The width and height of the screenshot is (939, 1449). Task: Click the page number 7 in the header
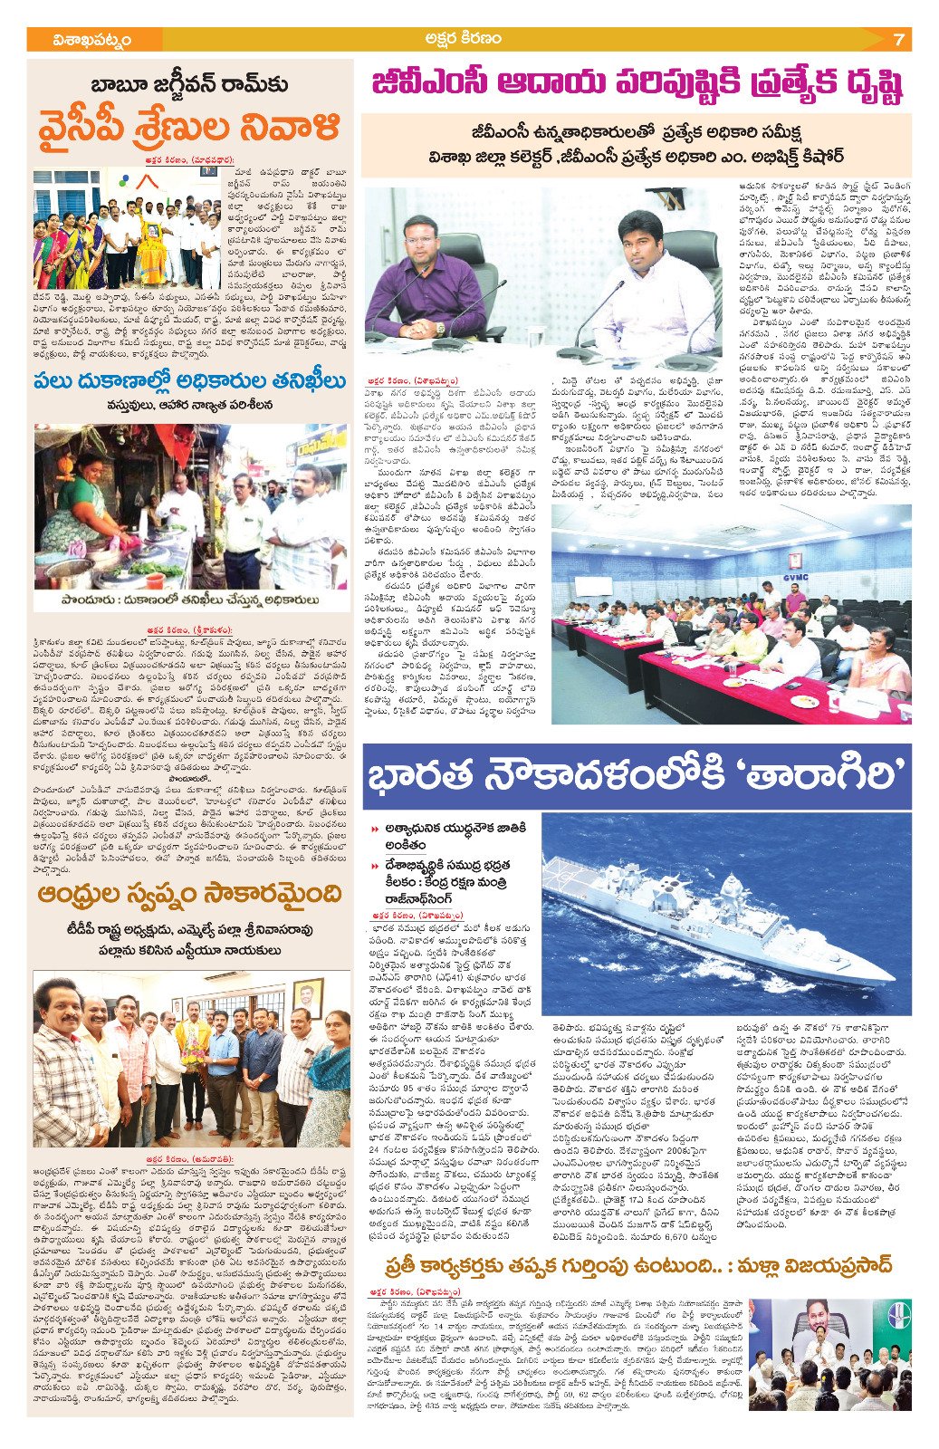(x=897, y=40)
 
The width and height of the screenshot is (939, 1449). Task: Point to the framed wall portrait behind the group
(x=307, y=997)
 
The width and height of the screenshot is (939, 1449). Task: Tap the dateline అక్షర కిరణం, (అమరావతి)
(x=189, y=1158)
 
